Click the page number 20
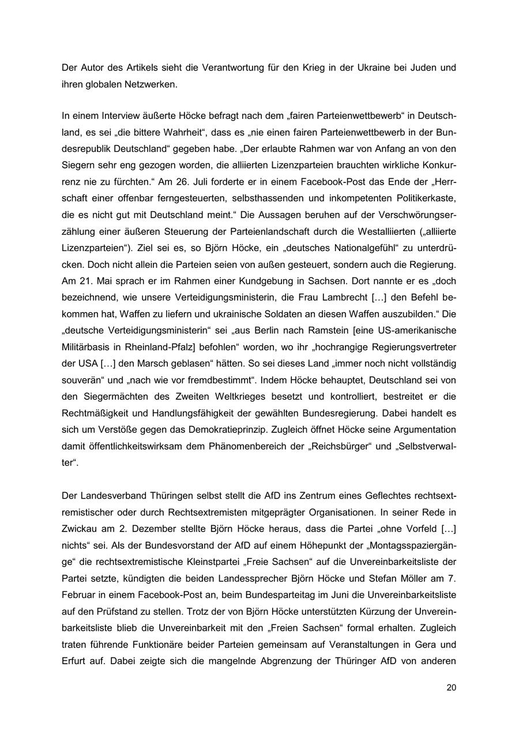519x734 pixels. pos(451,687)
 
